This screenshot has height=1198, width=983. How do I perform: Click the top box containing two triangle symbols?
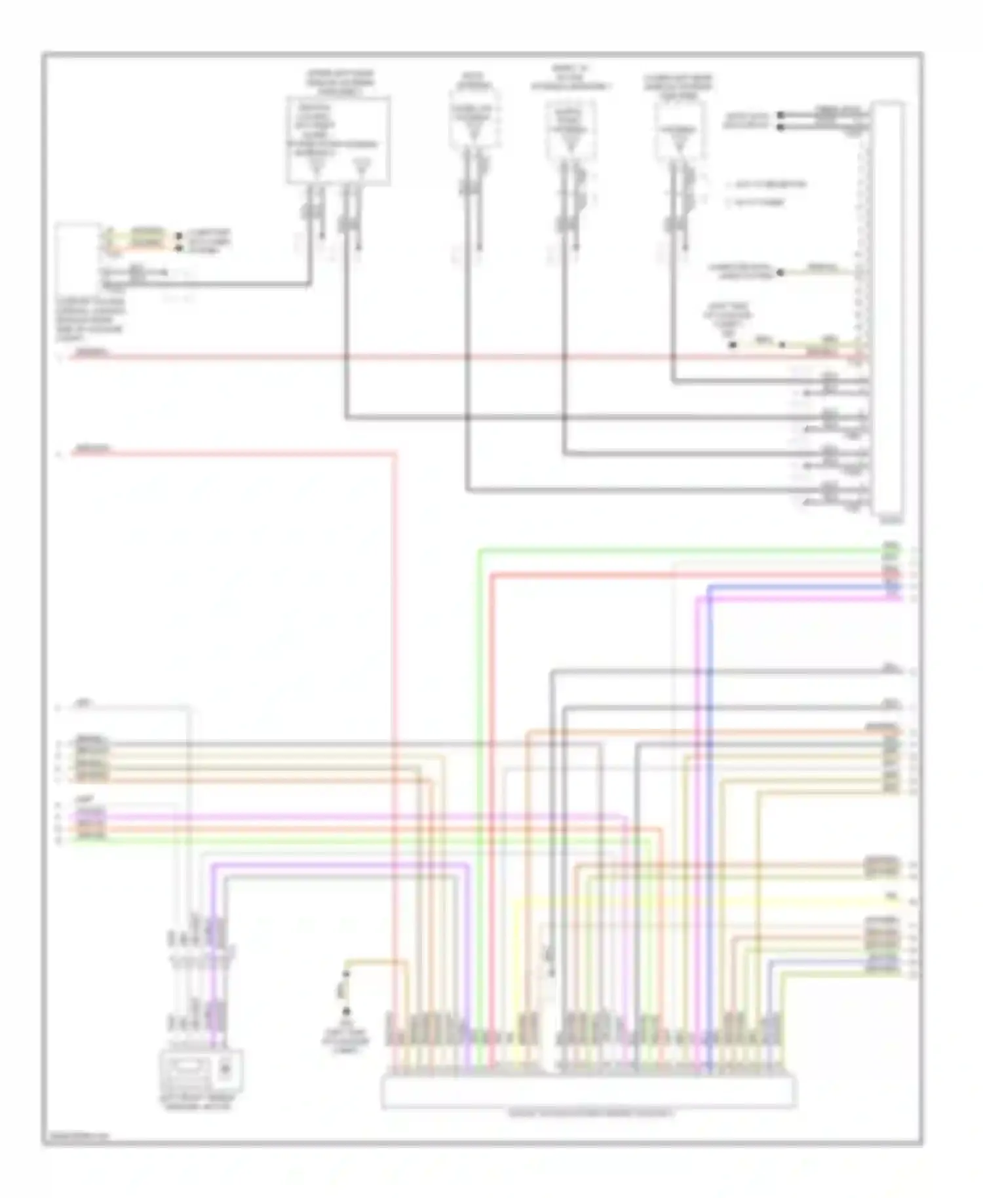tap(338, 140)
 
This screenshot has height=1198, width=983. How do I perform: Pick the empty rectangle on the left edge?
tap(78, 260)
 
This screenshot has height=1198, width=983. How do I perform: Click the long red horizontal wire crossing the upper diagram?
tap(459, 358)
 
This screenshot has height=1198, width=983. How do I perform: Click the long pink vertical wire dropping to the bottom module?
tap(395, 721)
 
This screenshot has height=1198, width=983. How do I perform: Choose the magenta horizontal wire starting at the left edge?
tap(328, 817)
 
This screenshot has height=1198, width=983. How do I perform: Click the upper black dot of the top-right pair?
tap(781, 115)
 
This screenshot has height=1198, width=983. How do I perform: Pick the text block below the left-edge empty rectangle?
tap(90, 320)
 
